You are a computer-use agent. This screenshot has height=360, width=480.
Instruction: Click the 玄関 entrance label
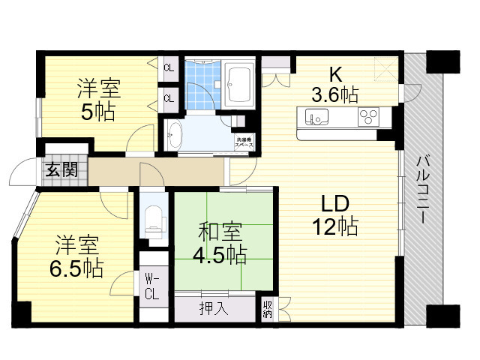pos(61,169)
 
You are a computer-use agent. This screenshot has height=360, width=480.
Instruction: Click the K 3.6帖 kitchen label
pos(334,85)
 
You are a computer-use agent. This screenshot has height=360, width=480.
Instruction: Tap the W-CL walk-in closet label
pos(151,286)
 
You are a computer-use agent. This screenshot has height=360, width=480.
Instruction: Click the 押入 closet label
pos(214,307)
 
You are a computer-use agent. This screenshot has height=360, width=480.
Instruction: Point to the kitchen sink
pos(314,117)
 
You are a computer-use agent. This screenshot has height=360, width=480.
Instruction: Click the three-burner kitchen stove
pos(370,117)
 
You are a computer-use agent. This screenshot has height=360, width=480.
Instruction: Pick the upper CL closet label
pos(169,68)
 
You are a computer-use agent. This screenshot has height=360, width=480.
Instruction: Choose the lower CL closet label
pos(169,98)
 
